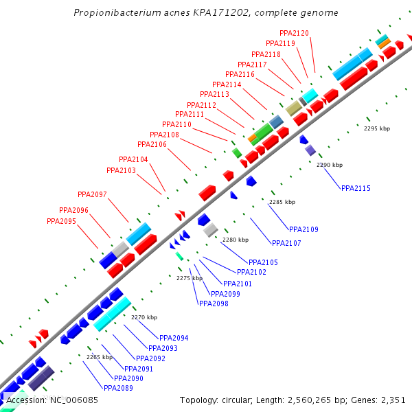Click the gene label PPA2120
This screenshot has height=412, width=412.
(x=294, y=33)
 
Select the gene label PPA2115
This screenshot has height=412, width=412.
(x=356, y=188)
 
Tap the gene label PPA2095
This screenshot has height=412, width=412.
(x=61, y=221)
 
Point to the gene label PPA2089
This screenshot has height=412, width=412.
(x=119, y=388)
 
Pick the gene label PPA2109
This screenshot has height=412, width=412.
(x=304, y=229)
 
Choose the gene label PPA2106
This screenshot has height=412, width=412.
(x=152, y=144)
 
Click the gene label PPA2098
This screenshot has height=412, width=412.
(x=214, y=304)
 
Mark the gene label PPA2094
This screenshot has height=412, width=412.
(x=174, y=338)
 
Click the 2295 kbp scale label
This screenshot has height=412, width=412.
(x=377, y=128)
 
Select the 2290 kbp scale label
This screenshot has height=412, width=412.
(x=330, y=165)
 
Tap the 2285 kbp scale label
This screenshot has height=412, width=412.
(x=282, y=202)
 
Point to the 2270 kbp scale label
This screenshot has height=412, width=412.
(x=144, y=317)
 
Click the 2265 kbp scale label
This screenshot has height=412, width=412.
(x=99, y=357)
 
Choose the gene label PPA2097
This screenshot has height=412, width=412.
(x=92, y=194)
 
